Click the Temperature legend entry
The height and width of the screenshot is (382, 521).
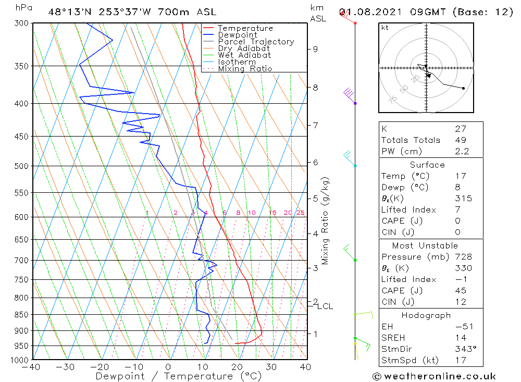point(245,28)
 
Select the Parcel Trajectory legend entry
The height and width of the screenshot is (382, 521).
point(256,42)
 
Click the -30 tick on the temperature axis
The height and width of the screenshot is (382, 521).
point(66,367)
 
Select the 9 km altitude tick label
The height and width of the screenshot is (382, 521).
point(315,49)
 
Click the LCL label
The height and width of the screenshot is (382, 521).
point(325,306)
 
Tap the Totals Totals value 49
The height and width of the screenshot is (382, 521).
point(460,140)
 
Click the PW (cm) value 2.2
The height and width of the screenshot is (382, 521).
point(462,152)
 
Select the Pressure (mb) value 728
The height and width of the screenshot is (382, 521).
point(463,257)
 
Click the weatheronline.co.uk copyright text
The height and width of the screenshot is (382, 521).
point(435,376)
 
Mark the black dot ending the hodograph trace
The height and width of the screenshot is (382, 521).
point(463,88)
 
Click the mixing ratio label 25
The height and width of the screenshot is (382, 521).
point(300,213)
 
